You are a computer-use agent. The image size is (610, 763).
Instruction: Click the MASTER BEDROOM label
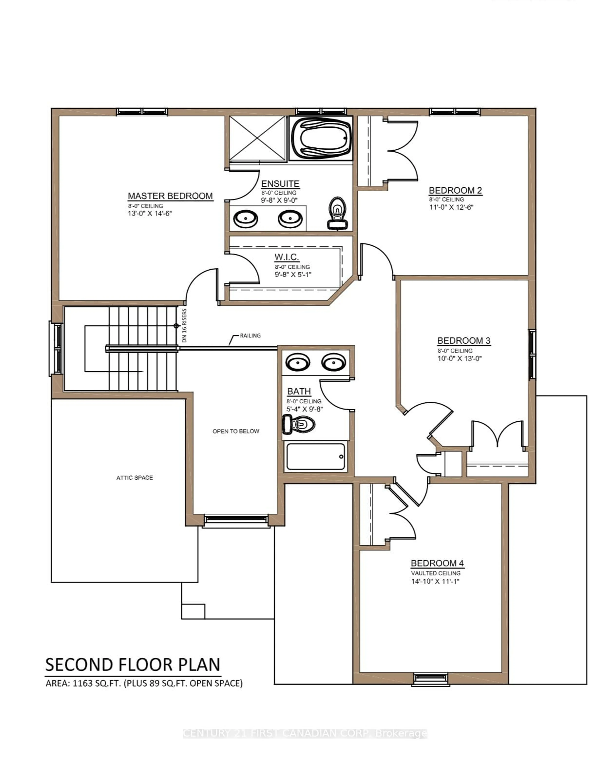(170, 196)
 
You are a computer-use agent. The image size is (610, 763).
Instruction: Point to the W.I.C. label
(286, 257)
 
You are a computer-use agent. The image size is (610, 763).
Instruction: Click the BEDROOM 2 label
(455, 190)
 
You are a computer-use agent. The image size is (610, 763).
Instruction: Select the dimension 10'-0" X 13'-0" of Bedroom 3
(459, 358)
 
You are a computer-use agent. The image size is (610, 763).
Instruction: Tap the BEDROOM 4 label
(437, 563)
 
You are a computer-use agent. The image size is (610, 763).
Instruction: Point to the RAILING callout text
(250, 336)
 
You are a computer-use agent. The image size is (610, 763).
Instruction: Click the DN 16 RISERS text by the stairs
(184, 326)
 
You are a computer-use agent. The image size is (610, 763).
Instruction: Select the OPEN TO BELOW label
(236, 431)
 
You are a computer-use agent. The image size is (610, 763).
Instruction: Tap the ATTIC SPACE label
(135, 478)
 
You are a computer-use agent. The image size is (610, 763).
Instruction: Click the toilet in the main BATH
(299, 424)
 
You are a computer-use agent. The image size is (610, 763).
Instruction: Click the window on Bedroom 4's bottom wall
(430, 678)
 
